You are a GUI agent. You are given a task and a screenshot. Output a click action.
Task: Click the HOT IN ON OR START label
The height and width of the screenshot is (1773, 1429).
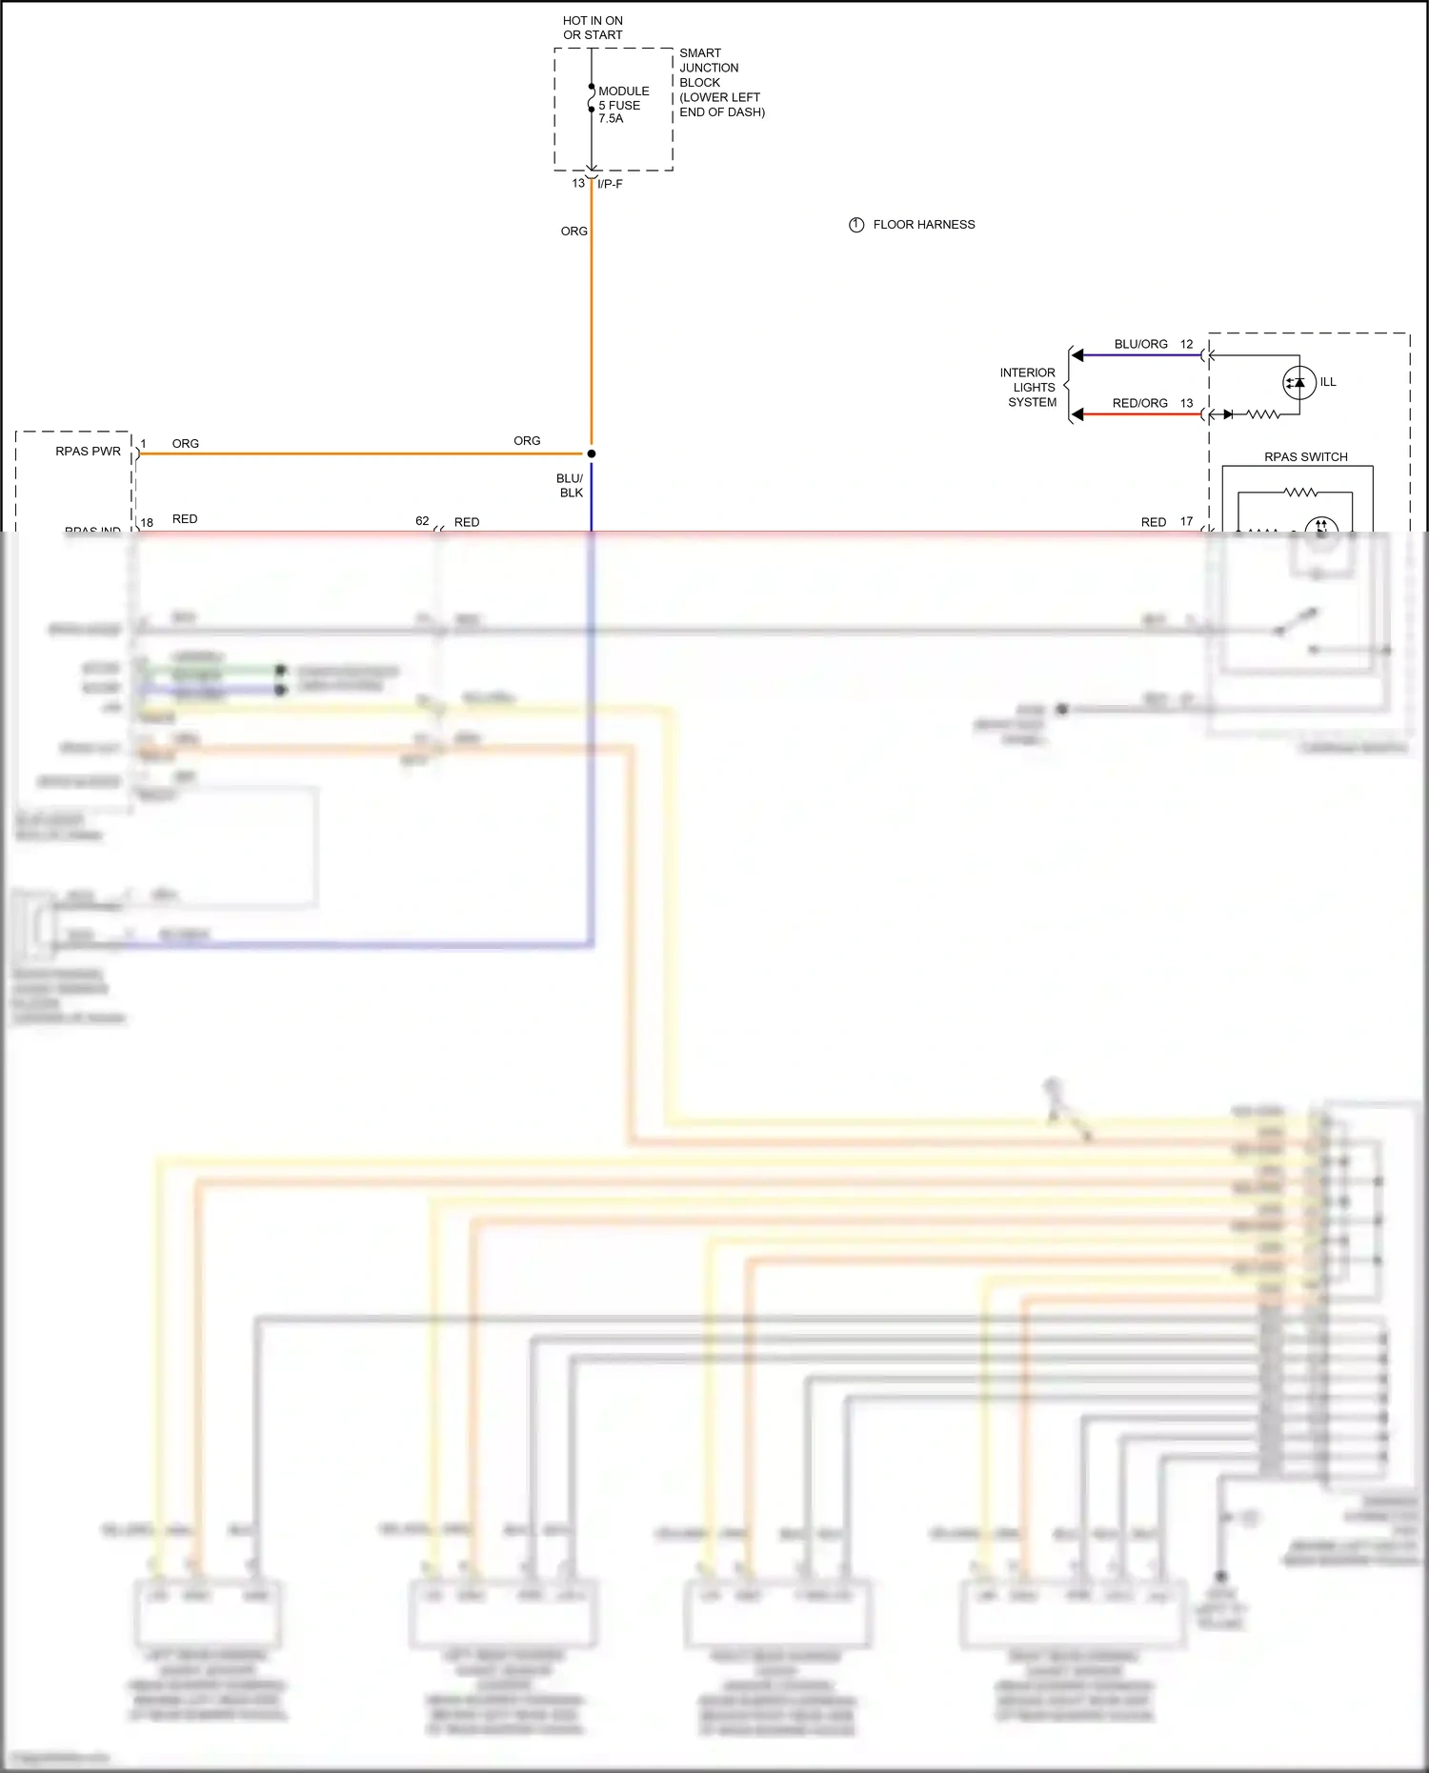[593, 28]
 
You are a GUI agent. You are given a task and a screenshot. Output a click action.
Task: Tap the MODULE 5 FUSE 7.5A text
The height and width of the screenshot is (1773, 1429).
[623, 105]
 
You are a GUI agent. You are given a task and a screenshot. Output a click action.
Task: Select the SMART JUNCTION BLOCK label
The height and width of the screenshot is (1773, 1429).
[721, 82]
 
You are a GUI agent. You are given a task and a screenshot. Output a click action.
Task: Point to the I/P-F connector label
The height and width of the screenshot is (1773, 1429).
[610, 184]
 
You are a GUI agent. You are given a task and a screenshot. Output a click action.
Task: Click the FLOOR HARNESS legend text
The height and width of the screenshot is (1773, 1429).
[923, 225]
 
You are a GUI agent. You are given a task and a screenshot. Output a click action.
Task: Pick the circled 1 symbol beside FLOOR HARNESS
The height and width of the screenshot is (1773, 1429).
[856, 225]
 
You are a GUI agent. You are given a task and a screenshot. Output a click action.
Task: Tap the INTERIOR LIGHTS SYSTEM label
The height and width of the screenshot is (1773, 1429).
[1028, 388]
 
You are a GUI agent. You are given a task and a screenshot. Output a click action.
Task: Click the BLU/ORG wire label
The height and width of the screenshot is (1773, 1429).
[1140, 344]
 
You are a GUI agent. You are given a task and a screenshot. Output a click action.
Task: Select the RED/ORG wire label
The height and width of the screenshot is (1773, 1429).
[1139, 403]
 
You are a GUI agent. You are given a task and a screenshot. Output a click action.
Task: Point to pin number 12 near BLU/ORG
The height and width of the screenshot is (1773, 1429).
[1186, 344]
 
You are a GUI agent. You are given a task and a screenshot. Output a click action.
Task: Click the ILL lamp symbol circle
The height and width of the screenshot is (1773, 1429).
[1298, 383]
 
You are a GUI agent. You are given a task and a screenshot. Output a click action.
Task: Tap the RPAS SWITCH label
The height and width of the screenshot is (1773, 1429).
[1305, 457]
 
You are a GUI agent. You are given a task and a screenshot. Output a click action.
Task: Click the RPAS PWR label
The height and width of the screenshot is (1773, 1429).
[88, 452]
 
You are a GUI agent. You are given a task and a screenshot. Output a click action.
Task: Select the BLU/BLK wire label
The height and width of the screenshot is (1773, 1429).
[570, 486]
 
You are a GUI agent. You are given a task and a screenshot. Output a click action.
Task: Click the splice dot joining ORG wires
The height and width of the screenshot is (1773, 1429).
[592, 453]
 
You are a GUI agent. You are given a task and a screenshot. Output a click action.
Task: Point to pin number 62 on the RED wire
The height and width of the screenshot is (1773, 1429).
[422, 521]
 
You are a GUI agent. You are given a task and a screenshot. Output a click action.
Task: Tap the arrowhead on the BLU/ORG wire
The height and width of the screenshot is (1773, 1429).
[1077, 355]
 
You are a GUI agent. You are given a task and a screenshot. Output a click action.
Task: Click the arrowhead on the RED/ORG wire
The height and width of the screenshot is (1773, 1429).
[1077, 414]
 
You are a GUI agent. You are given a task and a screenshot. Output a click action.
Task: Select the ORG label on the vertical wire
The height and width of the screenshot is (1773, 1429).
[574, 232]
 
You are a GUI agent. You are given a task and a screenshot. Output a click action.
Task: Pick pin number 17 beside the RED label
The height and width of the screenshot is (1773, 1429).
[1186, 521]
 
